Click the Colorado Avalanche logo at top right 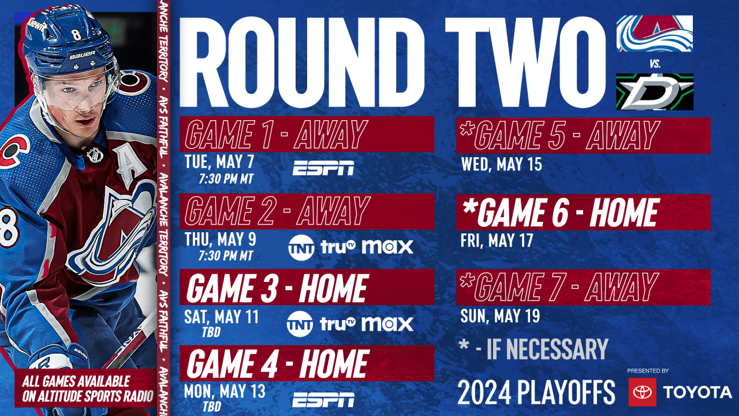coord(655,34)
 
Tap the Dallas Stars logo coord(655,91)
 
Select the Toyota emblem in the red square coord(642,392)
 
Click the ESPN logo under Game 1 coord(323,168)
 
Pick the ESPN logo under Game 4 coord(323,399)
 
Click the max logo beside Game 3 coord(387,324)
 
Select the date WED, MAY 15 coord(501,165)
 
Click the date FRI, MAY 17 coord(497,240)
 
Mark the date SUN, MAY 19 coord(500,316)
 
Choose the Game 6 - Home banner coord(583,212)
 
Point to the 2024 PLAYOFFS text coord(536,393)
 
